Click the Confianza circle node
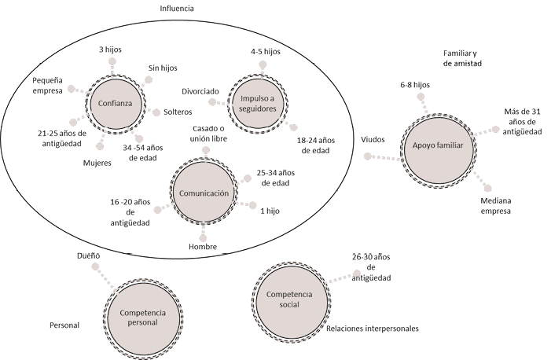coord(116,102)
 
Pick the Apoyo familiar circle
coord(437,146)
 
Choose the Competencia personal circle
coord(143,317)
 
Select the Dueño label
coord(88,255)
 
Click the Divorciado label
coord(200,90)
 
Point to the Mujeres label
coord(97,163)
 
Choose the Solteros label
coord(177,112)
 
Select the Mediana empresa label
coord(496,205)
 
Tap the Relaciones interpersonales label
coord(372,329)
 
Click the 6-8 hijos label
coord(414,83)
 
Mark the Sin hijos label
coord(163,68)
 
